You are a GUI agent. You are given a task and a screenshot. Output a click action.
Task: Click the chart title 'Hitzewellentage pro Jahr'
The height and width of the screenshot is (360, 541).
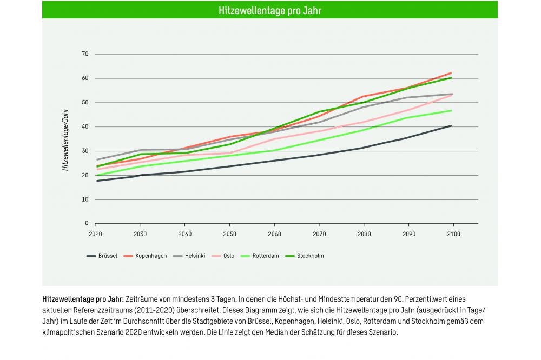point(269,10)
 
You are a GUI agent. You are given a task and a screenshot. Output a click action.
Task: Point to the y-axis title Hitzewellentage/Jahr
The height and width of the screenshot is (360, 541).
point(65,139)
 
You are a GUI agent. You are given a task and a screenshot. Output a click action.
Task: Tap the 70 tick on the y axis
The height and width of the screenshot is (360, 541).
point(85,54)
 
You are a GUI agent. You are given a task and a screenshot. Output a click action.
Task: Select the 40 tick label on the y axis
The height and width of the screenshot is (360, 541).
point(85,126)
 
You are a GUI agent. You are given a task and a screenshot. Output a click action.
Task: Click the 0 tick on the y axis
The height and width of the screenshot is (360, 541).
point(87,223)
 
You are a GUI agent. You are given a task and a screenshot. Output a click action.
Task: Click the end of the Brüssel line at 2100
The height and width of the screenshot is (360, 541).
point(451,126)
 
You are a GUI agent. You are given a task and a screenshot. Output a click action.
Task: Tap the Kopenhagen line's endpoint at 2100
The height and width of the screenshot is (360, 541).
point(451,73)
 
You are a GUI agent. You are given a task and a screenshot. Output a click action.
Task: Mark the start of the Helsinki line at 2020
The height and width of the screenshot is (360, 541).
point(96,159)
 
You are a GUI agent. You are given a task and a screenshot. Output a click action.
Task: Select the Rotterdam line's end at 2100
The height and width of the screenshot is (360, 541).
point(451,110)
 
